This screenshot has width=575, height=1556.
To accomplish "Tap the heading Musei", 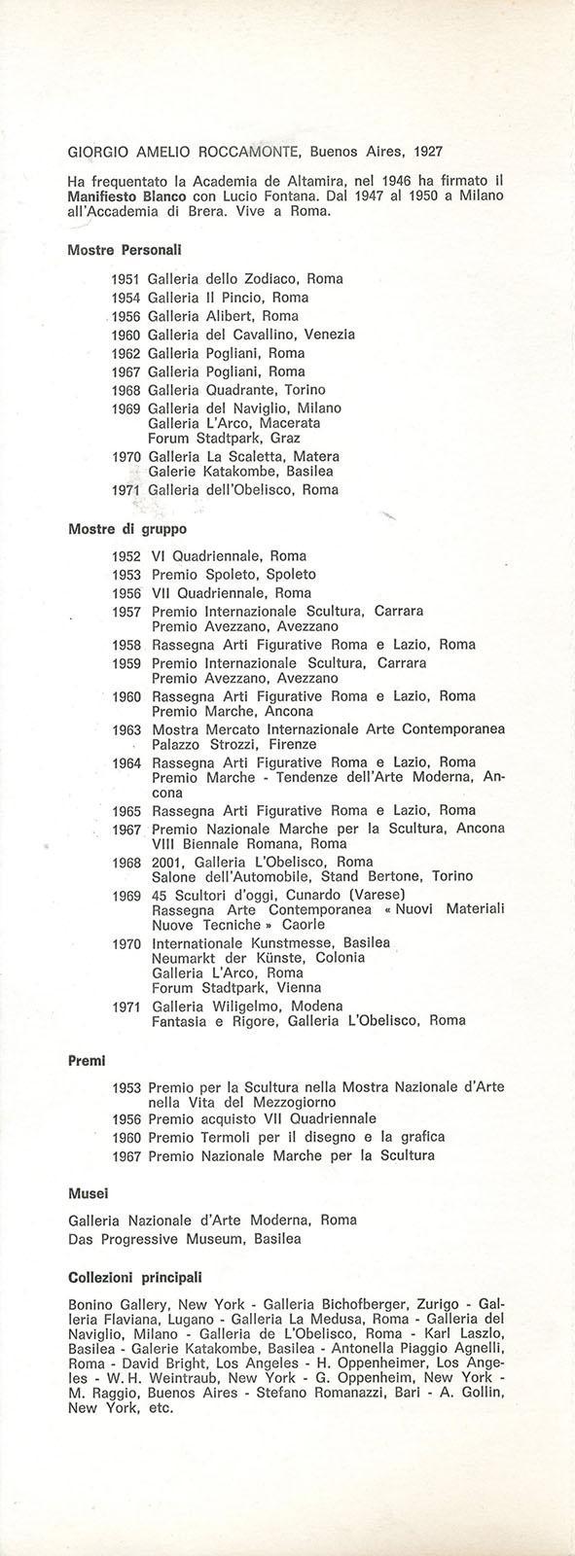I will point(89,1192).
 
